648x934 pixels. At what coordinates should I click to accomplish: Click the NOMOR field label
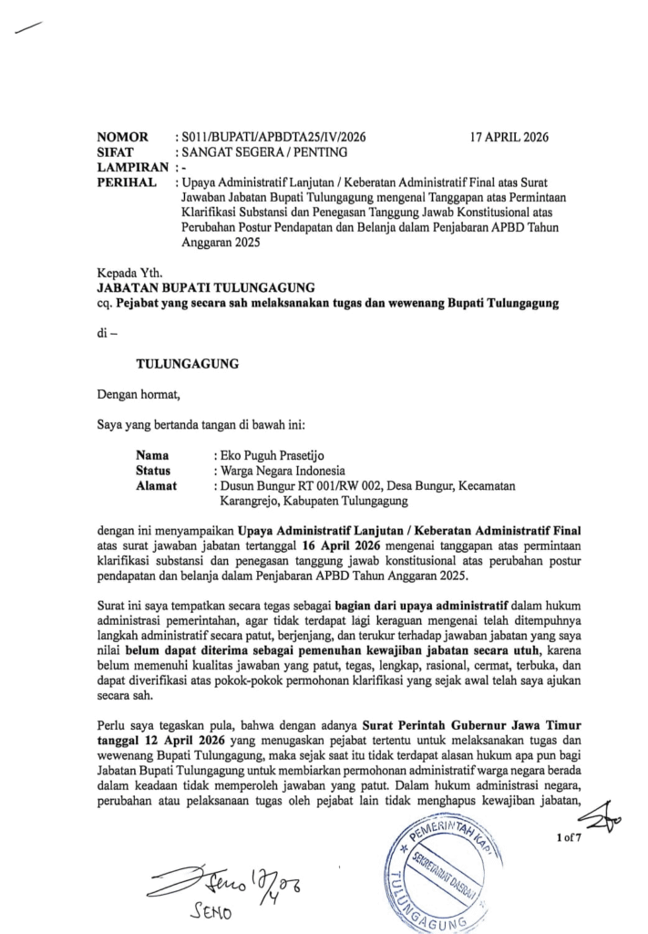click(122, 137)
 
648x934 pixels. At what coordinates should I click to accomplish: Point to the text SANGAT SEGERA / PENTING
click(260, 152)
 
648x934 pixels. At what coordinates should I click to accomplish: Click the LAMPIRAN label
click(132, 168)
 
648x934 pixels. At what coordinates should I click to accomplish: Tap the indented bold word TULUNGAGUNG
click(187, 363)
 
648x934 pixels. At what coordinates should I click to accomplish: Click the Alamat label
click(158, 485)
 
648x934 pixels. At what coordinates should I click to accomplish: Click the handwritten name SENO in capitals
click(213, 914)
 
